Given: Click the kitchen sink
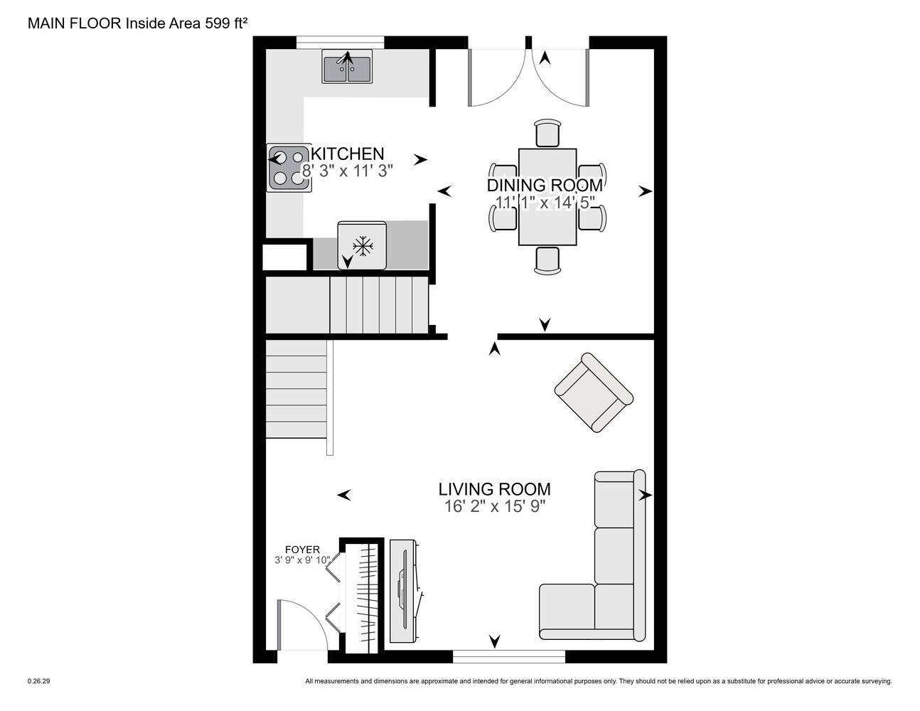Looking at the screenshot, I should pos(347,67).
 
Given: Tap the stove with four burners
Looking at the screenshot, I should pos(289,168).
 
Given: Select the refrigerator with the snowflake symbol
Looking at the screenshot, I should pos(362,245).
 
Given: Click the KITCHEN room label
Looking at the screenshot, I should pos(348,154).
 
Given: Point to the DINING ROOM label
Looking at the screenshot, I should pos(545,186).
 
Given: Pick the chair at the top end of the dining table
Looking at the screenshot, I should pos(547,133).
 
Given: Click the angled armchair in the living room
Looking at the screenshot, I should pos(593,392).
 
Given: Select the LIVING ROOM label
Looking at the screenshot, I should pos(494,489).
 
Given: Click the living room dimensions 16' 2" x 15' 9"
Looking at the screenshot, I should pos(494,506).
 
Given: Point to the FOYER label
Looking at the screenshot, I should pos(302,550).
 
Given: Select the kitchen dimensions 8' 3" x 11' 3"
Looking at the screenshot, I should pos(348,171).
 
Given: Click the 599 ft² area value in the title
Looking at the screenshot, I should pos(228,23).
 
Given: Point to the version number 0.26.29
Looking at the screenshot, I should pos(39,681).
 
